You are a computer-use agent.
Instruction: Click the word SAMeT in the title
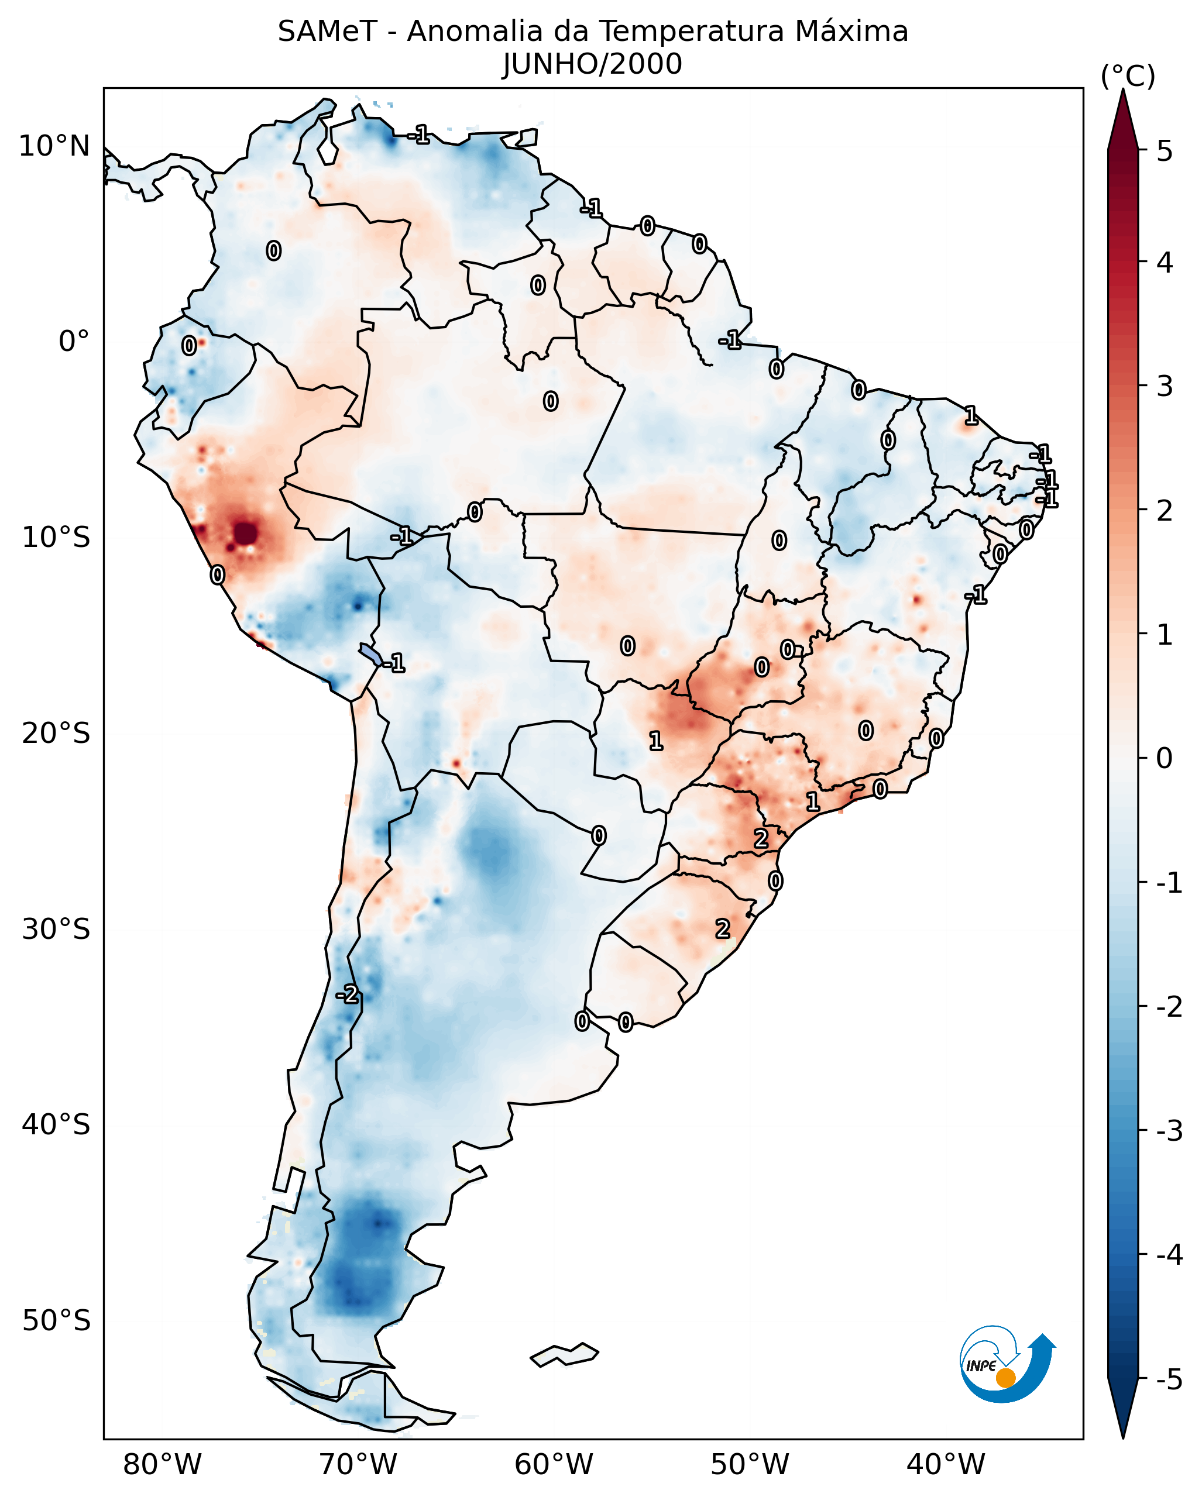click(x=327, y=32)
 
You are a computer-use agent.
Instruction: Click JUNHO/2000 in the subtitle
click(x=592, y=64)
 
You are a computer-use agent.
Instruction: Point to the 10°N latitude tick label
click(x=54, y=146)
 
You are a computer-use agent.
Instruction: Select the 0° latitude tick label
click(x=74, y=342)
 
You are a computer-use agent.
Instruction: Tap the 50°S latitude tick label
click(x=56, y=1321)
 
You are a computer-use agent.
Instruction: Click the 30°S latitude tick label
click(x=56, y=929)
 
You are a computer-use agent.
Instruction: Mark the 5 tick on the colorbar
click(x=1165, y=151)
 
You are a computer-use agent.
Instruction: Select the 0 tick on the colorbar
click(x=1165, y=758)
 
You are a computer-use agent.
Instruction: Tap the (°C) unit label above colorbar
click(x=1128, y=77)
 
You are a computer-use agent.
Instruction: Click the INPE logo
click(x=1007, y=1365)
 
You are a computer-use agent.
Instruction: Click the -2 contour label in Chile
click(x=347, y=994)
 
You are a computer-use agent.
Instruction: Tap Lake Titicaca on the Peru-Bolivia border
click(x=371, y=653)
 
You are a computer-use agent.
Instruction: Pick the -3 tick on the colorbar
click(x=1169, y=1131)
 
